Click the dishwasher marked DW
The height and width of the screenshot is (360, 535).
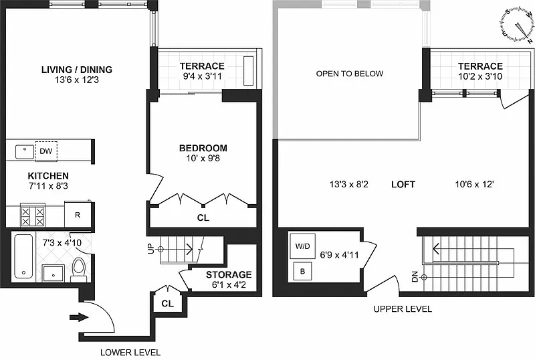coord(45,151)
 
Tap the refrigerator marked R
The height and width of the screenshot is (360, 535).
coord(78,215)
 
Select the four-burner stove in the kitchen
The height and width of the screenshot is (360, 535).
coord(33,215)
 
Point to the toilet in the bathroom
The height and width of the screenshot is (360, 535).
coord(78,269)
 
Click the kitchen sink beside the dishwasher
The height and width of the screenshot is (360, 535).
coord(25,152)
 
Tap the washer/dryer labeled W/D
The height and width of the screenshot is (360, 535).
coord(303,246)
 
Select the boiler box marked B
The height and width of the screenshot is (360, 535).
coord(302,272)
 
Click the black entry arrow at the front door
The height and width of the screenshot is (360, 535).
coord(79,317)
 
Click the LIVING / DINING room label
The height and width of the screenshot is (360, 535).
coord(77,70)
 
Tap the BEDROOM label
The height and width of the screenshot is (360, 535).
coord(203,148)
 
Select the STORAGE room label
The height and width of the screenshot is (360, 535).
coord(229,274)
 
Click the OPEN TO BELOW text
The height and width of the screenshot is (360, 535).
coord(350,74)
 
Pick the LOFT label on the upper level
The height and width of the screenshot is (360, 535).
coord(403,185)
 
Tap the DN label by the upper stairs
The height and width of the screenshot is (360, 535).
coord(415,276)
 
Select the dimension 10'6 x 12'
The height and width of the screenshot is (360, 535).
coord(475,185)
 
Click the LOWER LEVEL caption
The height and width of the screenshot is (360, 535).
coord(130,352)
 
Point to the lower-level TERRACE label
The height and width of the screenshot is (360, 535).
coord(203,66)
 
